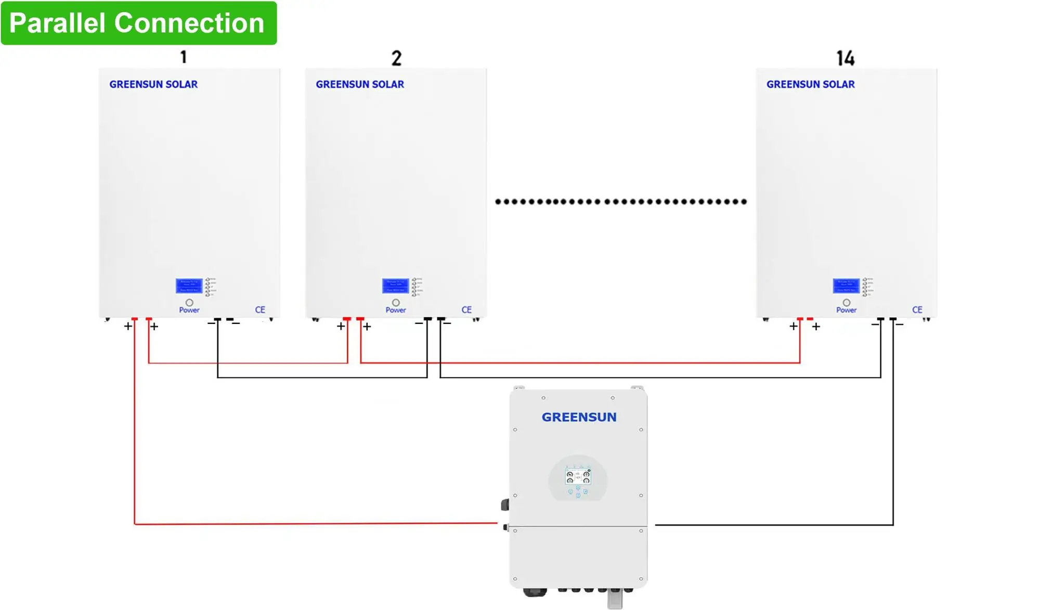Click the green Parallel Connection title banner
138,23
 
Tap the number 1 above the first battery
184,57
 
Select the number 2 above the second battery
396,58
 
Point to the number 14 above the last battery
846,58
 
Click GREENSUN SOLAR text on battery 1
153,84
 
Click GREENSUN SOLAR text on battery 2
360,84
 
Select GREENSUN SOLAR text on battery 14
810,84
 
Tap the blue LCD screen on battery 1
189,285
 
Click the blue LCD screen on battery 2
395,285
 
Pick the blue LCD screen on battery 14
846,285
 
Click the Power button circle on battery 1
189,302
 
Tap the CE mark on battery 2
466,309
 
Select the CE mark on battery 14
917,309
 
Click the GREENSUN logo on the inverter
579,417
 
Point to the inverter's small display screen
578,476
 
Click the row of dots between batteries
621,201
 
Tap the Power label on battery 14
846,310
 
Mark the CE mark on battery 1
260,309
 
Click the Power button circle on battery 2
396,302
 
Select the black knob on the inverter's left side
504,504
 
